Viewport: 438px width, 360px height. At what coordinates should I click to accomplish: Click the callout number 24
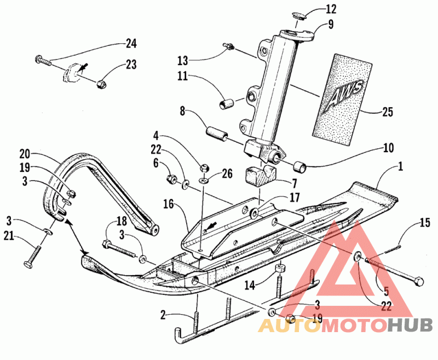pyautogui.click(x=131, y=44)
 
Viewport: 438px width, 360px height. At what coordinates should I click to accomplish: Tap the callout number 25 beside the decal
pyautogui.click(x=387, y=112)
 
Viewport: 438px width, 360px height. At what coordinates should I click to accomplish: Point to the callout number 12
pyautogui.click(x=331, y=9)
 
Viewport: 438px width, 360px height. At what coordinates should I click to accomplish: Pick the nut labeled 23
pyautogui.click(x=100, y=84)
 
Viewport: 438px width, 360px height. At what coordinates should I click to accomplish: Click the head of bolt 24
pyautogui.click(x=38, y=59)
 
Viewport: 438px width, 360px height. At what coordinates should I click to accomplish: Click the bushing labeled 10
pyautogui.click(x=299, y=167)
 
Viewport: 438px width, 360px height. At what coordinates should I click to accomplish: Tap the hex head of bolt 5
pyautogui.click(x=418, y=281)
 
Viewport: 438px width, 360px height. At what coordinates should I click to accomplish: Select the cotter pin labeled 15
pyautogui.click(x=393, y=248)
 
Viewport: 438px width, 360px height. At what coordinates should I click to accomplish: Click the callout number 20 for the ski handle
pyautogui.click(x=25, y=154)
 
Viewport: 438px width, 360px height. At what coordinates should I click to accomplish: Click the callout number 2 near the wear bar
pyautogui.click(x=163, y=316)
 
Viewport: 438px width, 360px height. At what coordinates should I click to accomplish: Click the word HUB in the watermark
pyautogui.click(x=410, y=326)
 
